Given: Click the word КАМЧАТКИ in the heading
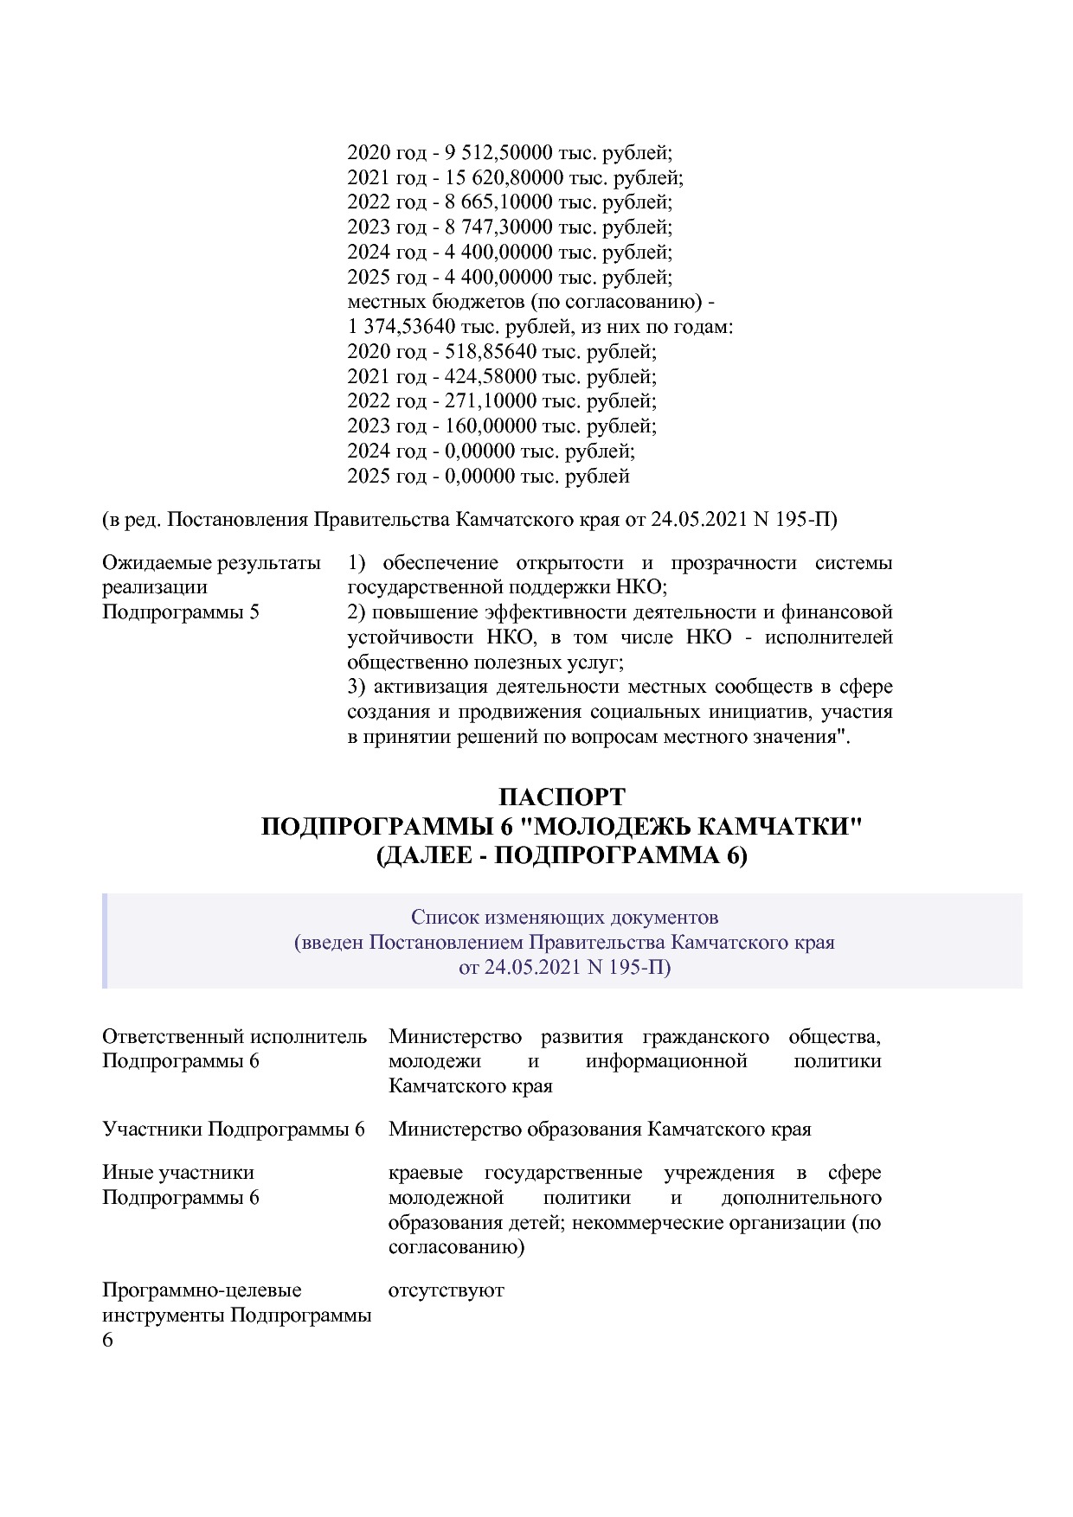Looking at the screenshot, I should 779,826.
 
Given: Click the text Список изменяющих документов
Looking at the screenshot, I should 564,917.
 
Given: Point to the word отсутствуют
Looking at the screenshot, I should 446,1290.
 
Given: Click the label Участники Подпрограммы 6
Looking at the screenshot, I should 234,1130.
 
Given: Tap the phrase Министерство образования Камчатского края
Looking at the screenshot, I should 600,1130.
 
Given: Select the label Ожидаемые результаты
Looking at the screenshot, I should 211,563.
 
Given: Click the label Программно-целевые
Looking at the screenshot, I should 202,1290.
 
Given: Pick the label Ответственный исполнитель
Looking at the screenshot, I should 235,1036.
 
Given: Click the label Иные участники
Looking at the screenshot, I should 178,1173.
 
